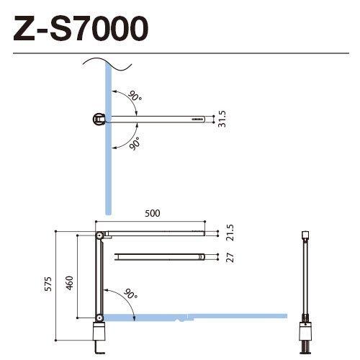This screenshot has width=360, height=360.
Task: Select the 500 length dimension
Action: tap(152, 213)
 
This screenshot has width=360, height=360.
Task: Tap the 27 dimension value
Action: tap(230, 258)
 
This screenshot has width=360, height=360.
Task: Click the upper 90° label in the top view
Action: tap(135, 96)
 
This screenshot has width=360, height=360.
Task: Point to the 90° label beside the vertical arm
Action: tap(129, 294)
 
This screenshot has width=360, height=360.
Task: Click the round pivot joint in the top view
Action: tap(97, 118)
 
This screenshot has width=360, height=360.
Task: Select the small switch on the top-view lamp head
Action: tap(197, 118)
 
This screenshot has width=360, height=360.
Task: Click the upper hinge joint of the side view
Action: tap(97, 235)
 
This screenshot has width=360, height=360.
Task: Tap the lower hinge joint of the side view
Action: tap(97, 318)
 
